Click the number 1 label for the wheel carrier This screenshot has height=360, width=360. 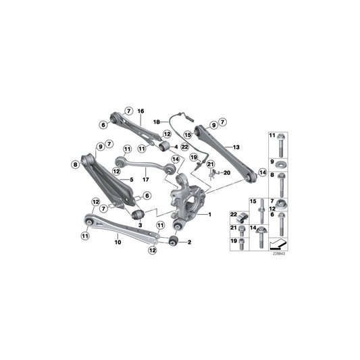[209, 214]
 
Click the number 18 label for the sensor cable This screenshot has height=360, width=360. [155, 122]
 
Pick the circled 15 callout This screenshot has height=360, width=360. [188, 135]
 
